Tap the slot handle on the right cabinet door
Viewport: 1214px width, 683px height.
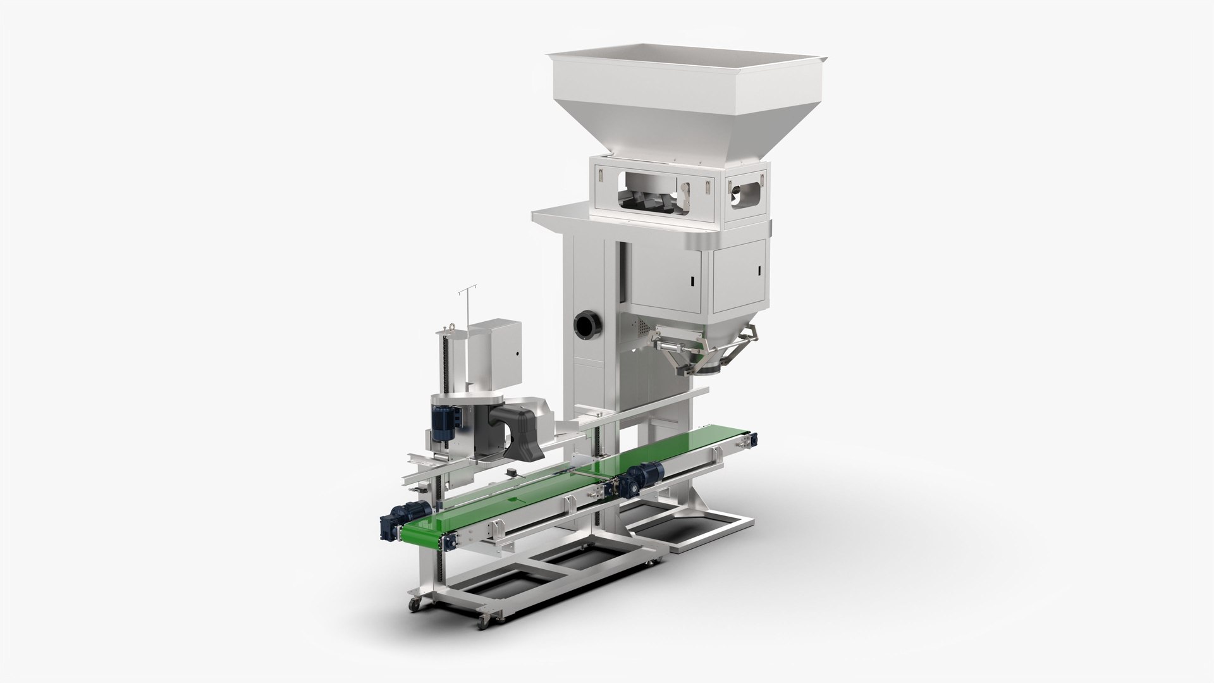(758, 271)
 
